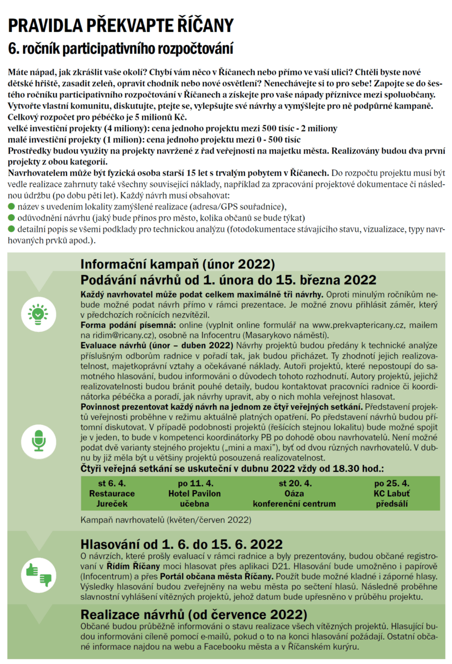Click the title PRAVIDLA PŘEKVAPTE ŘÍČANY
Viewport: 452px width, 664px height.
[121, 25]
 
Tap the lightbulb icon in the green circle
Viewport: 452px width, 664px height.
[37, 313]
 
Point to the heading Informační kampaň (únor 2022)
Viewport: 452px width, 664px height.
[178, 263]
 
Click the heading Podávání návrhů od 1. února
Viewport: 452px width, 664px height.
[228, 279]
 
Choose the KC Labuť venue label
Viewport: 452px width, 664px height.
[391, 493]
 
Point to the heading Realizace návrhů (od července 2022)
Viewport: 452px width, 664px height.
[194, 614]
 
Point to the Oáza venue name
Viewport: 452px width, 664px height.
[294, 493]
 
